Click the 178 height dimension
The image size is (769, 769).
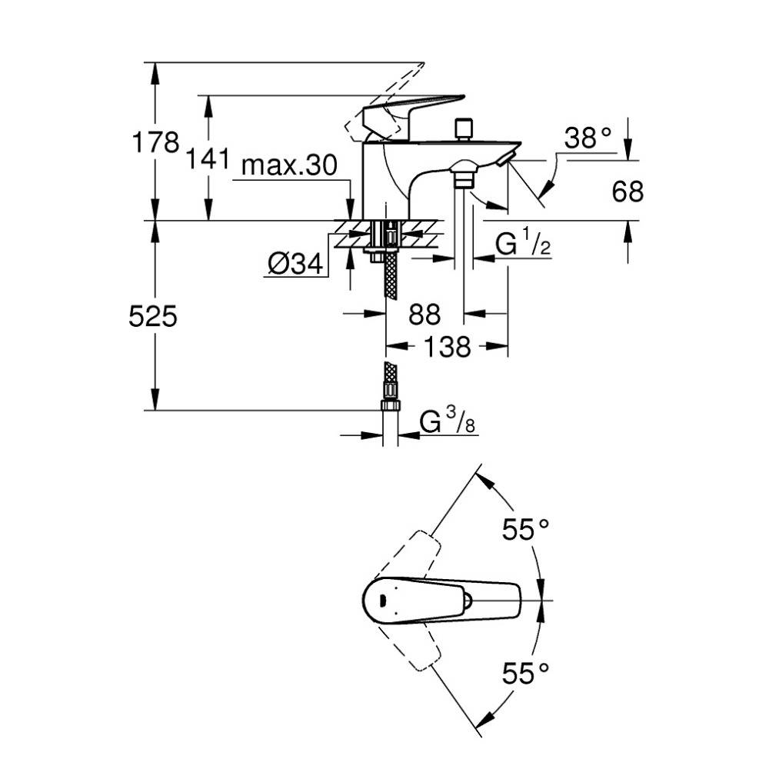pos(157,142)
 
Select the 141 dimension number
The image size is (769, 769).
pos(208,160)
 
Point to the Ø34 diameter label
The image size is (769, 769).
pos(294,265)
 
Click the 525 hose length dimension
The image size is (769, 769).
pos(153,315)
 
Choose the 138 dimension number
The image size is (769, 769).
pos(447,347)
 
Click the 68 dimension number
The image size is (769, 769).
pos(628,191)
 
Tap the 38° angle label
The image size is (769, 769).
pos(588,138)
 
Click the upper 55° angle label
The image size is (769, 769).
pos(526,529)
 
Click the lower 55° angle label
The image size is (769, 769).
pos(526,674)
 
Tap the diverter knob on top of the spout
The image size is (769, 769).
pos(463,128)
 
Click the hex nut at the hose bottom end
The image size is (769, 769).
pos(391,408)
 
